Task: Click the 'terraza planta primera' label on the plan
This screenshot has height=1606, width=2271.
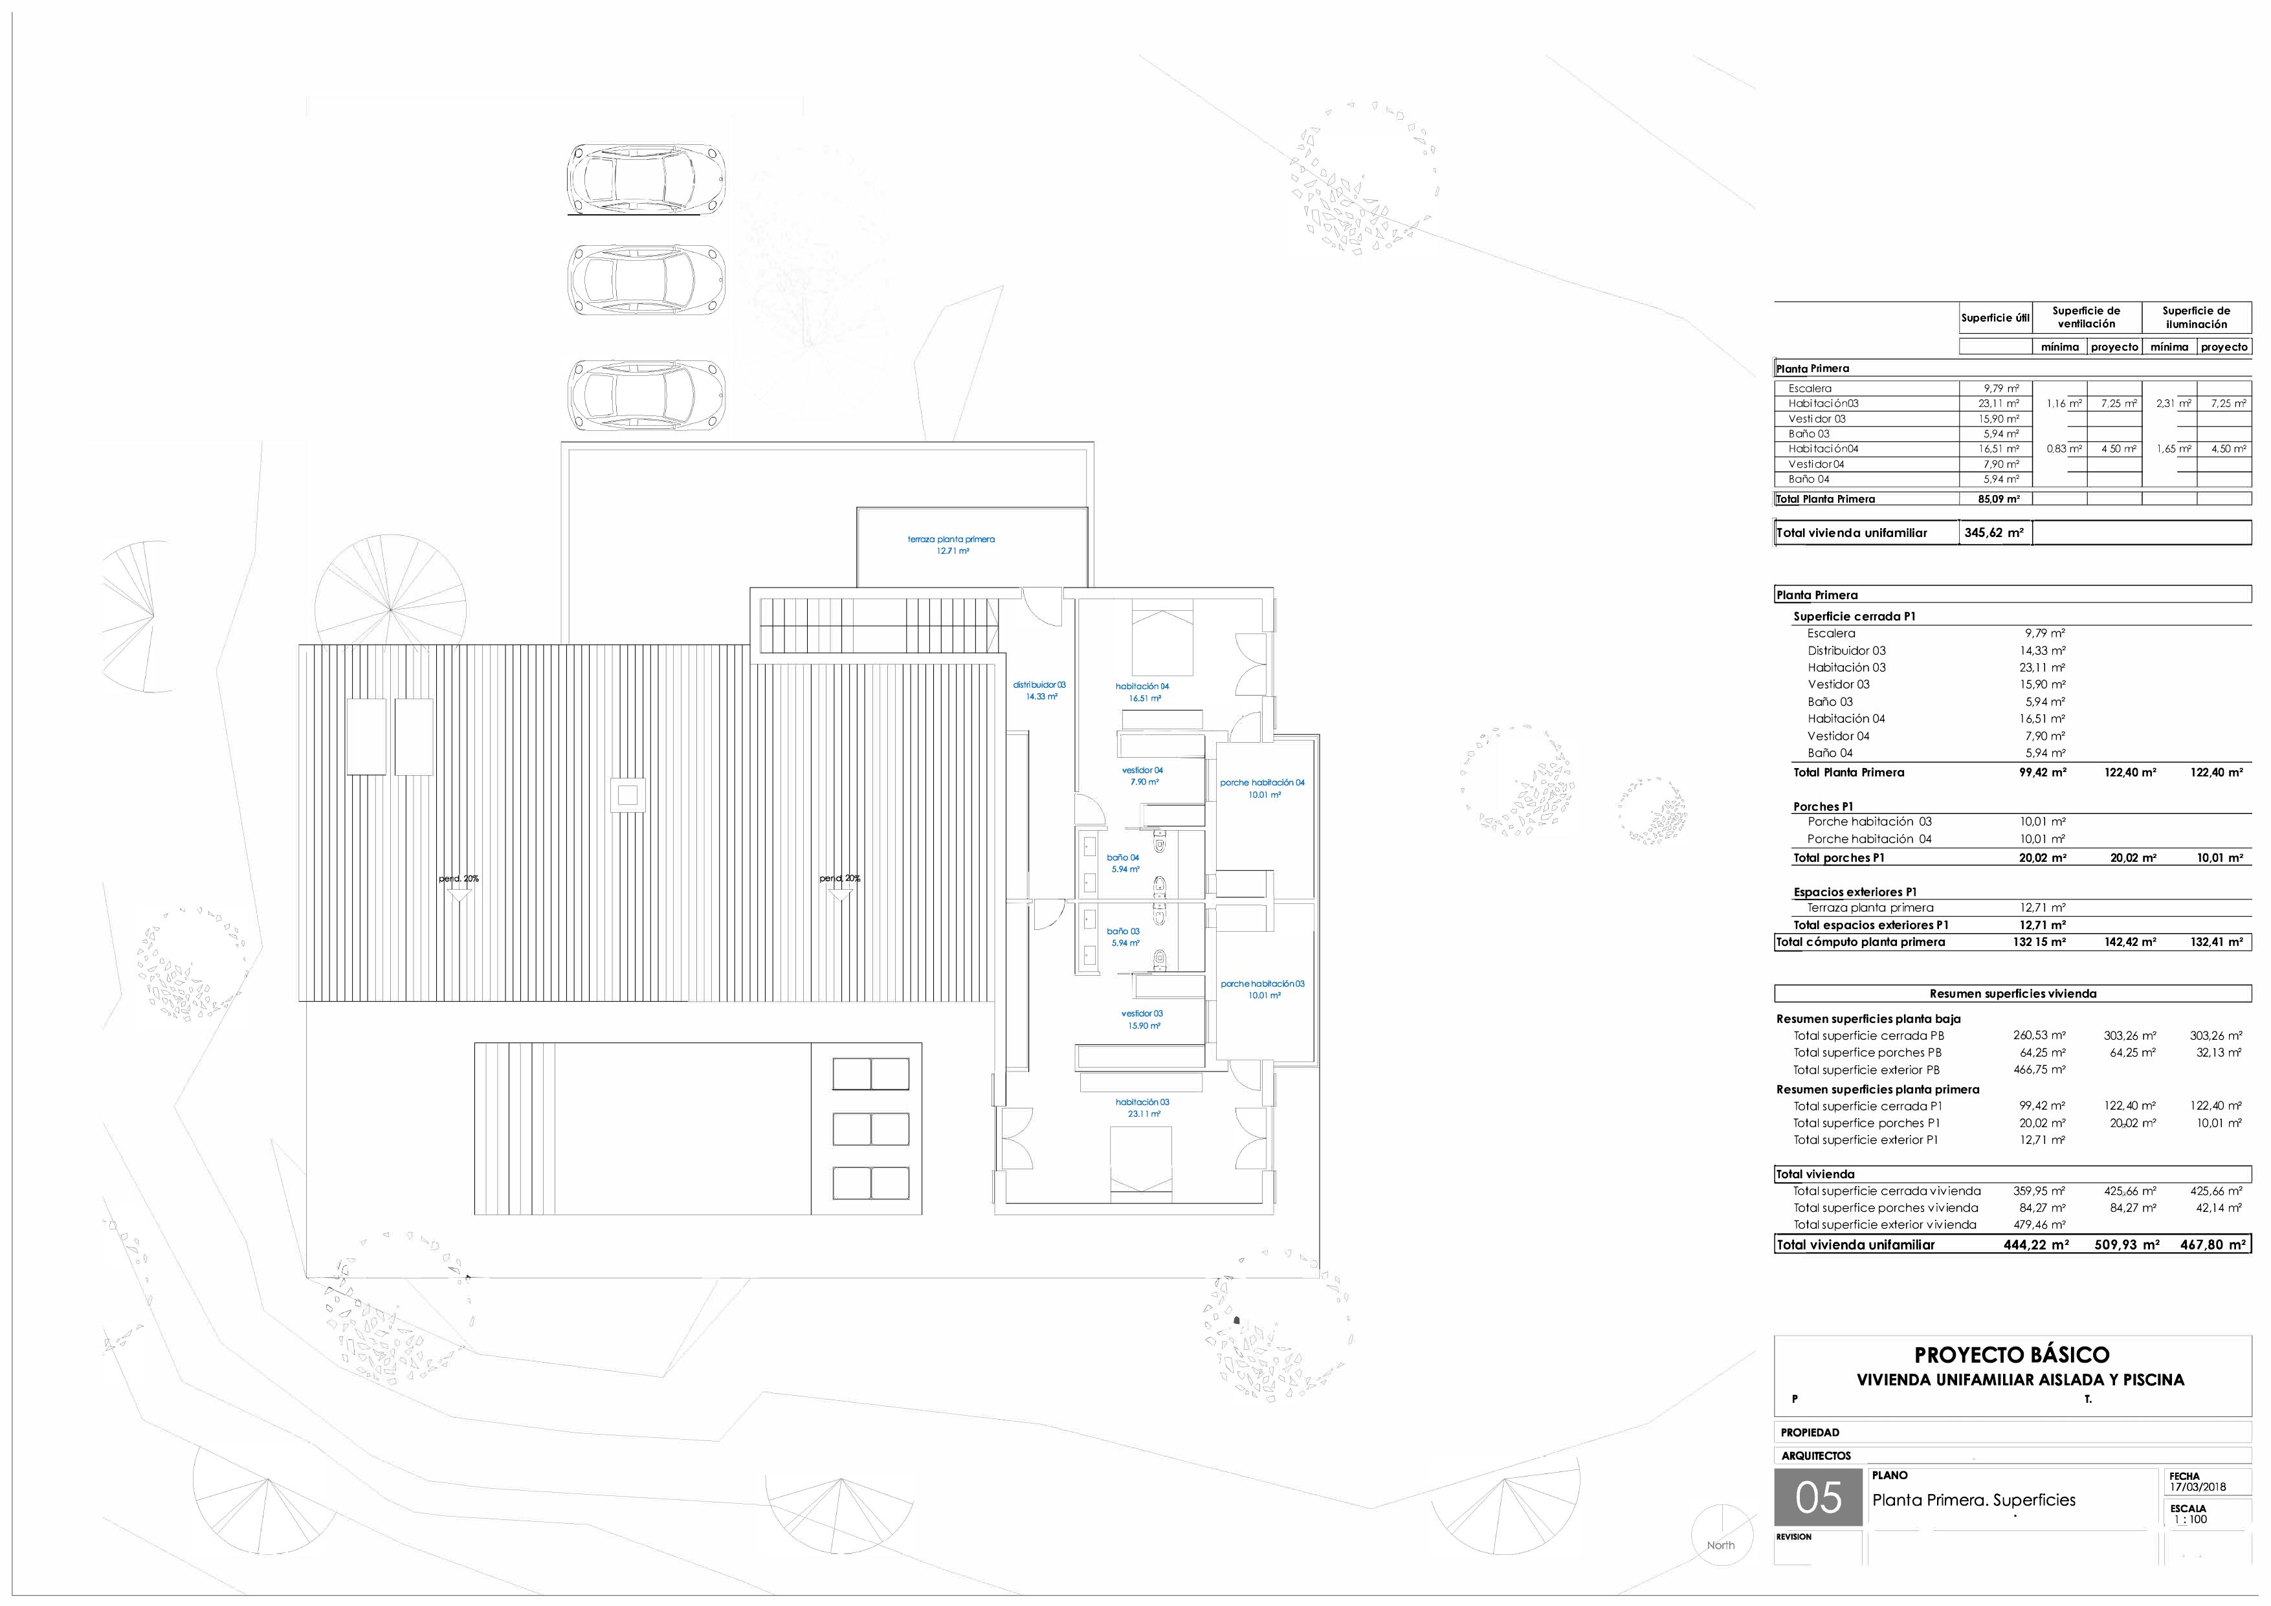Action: click(951, 539)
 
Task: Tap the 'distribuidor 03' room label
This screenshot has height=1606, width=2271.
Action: click(1039, 685)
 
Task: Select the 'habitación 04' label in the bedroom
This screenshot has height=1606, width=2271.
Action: click(1142, 685)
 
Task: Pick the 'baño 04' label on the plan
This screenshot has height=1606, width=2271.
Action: click(1123, 857)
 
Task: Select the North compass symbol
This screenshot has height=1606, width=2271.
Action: click(1720, 1535)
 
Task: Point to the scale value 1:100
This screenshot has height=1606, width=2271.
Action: click(2191, 1519)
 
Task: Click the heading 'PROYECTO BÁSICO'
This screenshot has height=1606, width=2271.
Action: click(2012, 1355)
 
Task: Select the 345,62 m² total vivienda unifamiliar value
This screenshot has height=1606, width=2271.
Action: click(1994, 532)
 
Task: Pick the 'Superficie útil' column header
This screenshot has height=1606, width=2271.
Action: click(1995, 318)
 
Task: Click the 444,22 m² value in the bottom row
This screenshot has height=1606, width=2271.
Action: click(2035, 1245)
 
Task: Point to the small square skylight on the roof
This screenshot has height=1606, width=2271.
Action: click(628, 795)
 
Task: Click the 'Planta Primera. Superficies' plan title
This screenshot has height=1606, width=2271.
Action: click(1973, 1500)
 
